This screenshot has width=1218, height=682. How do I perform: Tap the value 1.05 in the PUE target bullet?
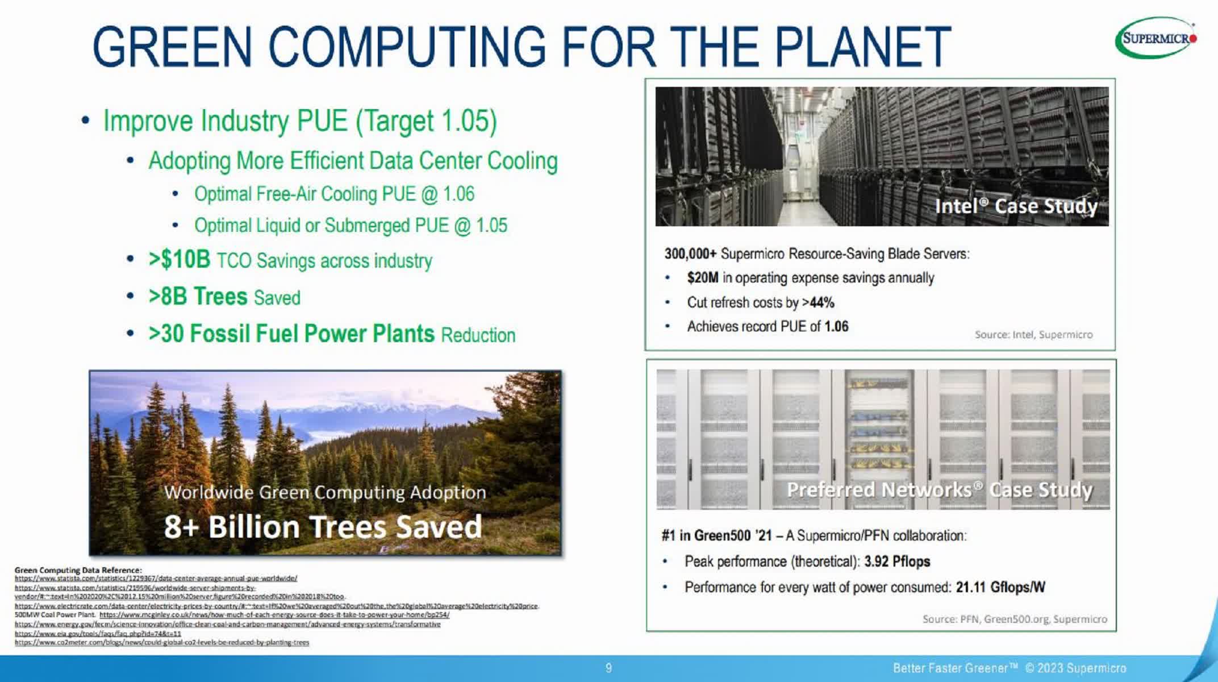pos(464,121)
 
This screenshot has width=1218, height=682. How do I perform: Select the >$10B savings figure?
pos(180,260)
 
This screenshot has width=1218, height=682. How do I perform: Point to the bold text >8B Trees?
pos(198,297)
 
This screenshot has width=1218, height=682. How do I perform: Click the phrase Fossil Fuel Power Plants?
pos(312,334)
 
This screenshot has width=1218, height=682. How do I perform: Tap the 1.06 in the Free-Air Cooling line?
pos(458,194)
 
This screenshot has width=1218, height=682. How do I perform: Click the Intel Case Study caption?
pos(1016,206)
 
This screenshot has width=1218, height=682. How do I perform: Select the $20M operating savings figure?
pos(702,278)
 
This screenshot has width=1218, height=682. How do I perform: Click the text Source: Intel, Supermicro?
pos(1033,335)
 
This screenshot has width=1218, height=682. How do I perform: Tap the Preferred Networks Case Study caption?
pos(939,490)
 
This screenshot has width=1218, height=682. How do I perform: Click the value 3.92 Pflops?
pos(897,562)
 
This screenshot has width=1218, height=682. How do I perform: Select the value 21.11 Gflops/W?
pos(1000,587)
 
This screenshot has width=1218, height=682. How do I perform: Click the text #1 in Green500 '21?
pos(716,535)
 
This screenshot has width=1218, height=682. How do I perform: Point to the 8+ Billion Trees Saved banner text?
pos(323,526)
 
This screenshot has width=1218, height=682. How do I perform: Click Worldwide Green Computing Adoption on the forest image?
pos(325,492)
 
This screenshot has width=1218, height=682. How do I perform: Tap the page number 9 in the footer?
pos(608,668)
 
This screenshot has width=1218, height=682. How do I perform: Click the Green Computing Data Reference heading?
pos(78,569)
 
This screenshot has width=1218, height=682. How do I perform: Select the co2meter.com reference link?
pos(162,642)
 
